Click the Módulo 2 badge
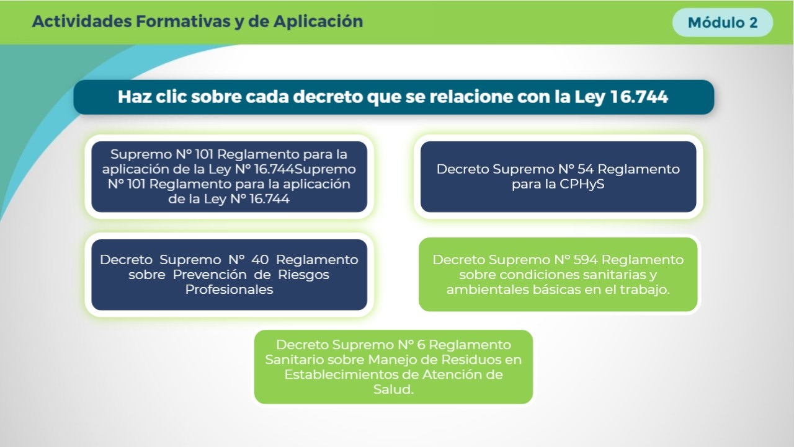(723, 22)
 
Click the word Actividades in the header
(82, 21)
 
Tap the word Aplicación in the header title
(318, 22)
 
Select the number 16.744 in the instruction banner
(639, 97)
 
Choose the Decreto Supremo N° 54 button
(558, 177)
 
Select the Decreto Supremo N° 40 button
(230, 275)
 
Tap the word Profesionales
(230, 290)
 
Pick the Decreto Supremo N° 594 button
(558, 275)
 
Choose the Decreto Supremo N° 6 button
(393, 367)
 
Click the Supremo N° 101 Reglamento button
(230, 177)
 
